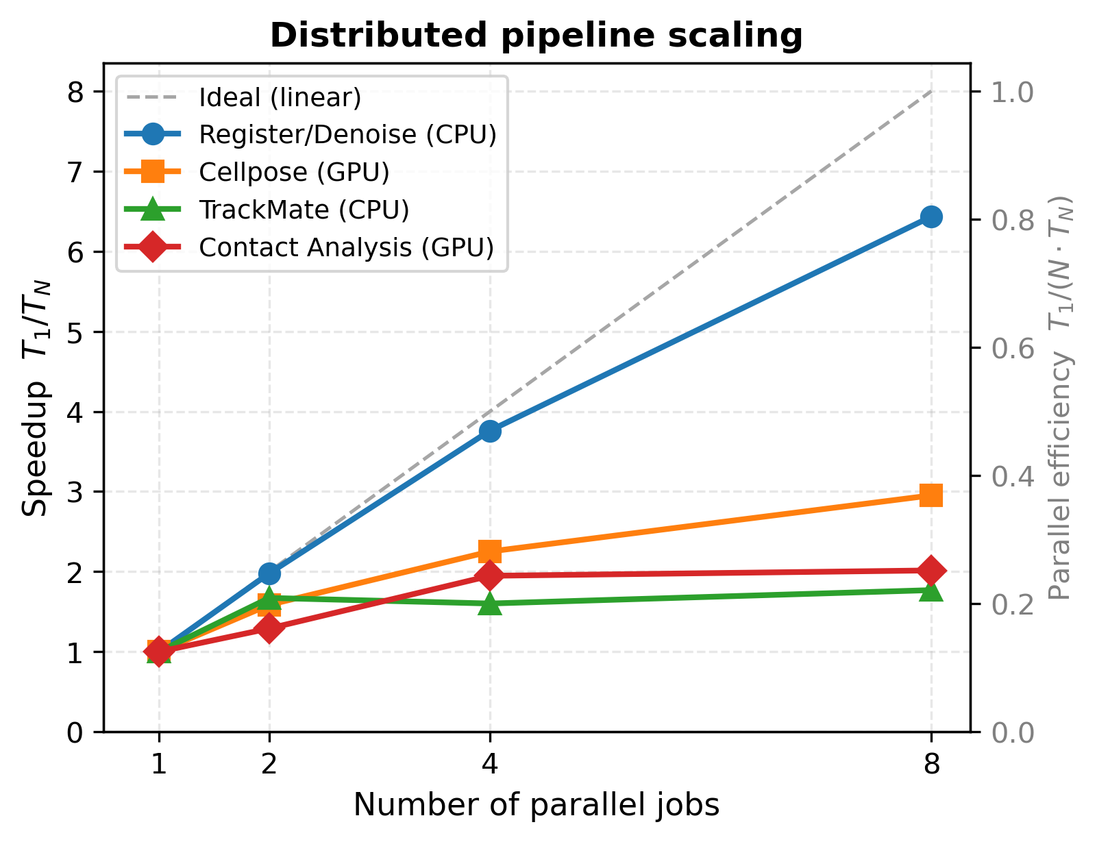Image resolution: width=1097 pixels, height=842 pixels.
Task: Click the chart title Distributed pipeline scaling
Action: (536, 36)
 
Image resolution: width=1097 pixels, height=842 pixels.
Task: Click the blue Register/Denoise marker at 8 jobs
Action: (930, 217)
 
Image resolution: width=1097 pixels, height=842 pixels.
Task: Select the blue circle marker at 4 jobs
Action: (489, 432)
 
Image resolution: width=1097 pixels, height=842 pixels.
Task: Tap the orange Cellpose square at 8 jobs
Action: (930, 495)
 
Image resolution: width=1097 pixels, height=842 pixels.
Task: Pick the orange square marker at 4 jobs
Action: (489, 551)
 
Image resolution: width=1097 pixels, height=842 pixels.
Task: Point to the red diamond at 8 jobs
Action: (930, 571)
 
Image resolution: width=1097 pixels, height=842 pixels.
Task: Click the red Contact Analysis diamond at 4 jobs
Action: (489, 576)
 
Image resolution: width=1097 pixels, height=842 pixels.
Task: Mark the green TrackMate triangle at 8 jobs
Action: (930, 590)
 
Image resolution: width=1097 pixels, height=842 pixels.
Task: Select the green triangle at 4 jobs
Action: (489, 604)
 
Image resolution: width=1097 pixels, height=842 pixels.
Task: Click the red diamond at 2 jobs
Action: (269, 628)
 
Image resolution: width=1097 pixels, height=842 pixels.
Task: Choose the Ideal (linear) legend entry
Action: (280, 98)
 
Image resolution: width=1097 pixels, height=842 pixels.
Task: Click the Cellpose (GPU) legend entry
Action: (294, 172)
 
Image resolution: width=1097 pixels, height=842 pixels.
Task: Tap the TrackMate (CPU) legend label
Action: (304, 210)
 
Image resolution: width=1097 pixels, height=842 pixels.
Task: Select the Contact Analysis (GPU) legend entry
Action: (346, 247)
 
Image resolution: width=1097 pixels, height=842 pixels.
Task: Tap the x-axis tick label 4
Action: (489, 763)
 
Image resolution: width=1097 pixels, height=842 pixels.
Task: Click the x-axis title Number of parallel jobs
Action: (536, 805)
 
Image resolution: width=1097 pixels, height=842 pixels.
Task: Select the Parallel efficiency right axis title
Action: (1060, 397)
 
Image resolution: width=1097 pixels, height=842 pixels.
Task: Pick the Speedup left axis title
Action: (36, 397)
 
